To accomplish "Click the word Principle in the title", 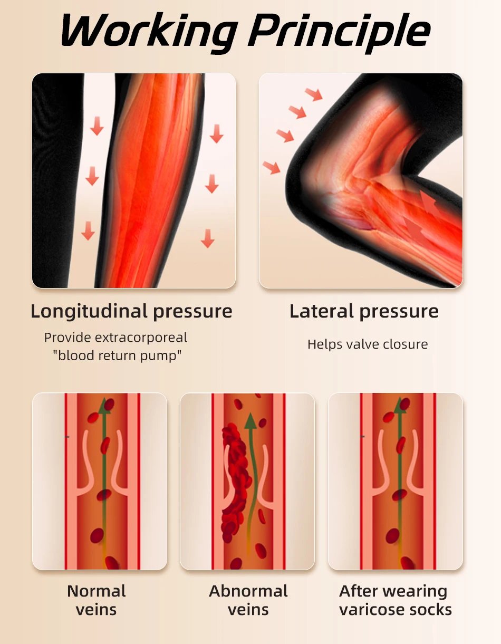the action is coord(341,33).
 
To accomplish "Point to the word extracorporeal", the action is coord(141,338).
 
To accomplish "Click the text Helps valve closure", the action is coord(368,344).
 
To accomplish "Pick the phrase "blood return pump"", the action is coord(117,355).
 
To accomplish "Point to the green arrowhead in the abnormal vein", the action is coord(251,421).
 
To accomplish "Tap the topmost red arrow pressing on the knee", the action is coord(314,94).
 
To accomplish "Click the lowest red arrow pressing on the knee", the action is coord(272,167).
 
